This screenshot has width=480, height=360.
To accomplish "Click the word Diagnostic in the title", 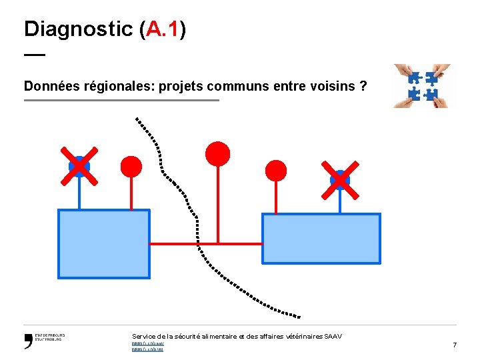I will coord(78,29).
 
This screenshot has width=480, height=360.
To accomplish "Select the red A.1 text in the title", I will coord(163,29).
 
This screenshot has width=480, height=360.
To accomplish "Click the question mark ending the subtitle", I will coord(363,86).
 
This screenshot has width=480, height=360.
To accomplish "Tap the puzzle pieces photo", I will coord(421,85).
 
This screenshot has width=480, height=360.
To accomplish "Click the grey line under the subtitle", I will coord(121,100).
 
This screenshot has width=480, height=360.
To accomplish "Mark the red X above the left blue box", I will coord(79,165).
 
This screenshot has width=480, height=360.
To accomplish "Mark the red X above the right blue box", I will coord(340,179).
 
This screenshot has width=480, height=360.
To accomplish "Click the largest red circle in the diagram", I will coord(217,154).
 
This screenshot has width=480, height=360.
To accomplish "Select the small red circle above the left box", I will coord(131,167).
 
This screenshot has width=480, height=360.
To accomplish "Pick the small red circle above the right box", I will coord(276,171).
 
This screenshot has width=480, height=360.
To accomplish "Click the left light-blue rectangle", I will coord(103,243).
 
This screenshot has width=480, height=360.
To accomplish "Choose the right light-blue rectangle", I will coord(321,239).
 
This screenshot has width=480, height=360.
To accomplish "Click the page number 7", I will coord(454,345).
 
